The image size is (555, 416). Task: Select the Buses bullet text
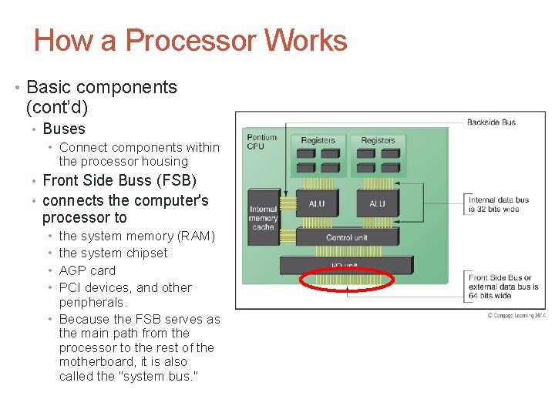tap(64, 129)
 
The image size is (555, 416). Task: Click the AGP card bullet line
tap(87, 270)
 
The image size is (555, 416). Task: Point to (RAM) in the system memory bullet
tap(197, 236)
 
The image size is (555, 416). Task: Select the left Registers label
tap(318, 140)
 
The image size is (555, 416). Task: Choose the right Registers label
tap(378, 140)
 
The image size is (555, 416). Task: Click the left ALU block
tap(317, 203)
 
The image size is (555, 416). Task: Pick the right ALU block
tap(377, 203)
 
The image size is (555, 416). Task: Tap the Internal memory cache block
tap(263, 218)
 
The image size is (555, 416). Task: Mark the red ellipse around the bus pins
tap(347, 280)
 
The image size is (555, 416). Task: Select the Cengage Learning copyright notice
tap(515, 315)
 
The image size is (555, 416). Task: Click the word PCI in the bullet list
tap(70, 287)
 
